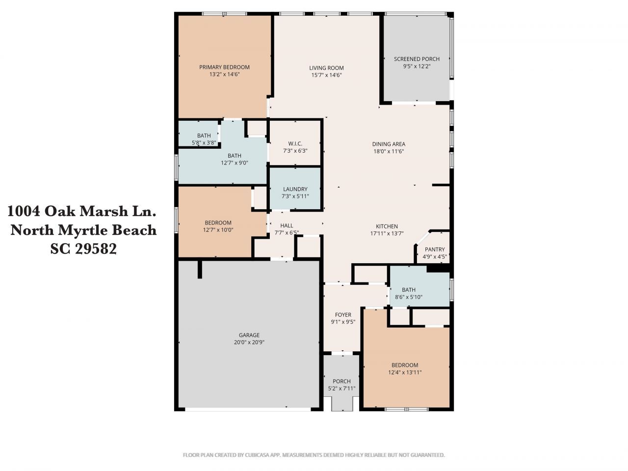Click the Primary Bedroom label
tap(224, 67)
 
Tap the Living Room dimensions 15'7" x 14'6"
tap(326, 75)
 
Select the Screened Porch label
tap(417, 59)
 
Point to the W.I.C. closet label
tap(295, 143)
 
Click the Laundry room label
tap(295, 189)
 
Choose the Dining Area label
tap(388, 144)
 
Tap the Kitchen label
tap(387, 226)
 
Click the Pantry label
tap(434, 249)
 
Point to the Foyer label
tap(343, 315)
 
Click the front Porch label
tap(341, 381)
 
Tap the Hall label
tap(287, 226)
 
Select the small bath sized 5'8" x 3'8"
tap(204, 139)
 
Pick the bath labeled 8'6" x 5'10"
tap(408, 293)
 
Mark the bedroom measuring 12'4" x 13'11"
tap(405, 368)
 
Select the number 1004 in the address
tap(24, 211)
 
